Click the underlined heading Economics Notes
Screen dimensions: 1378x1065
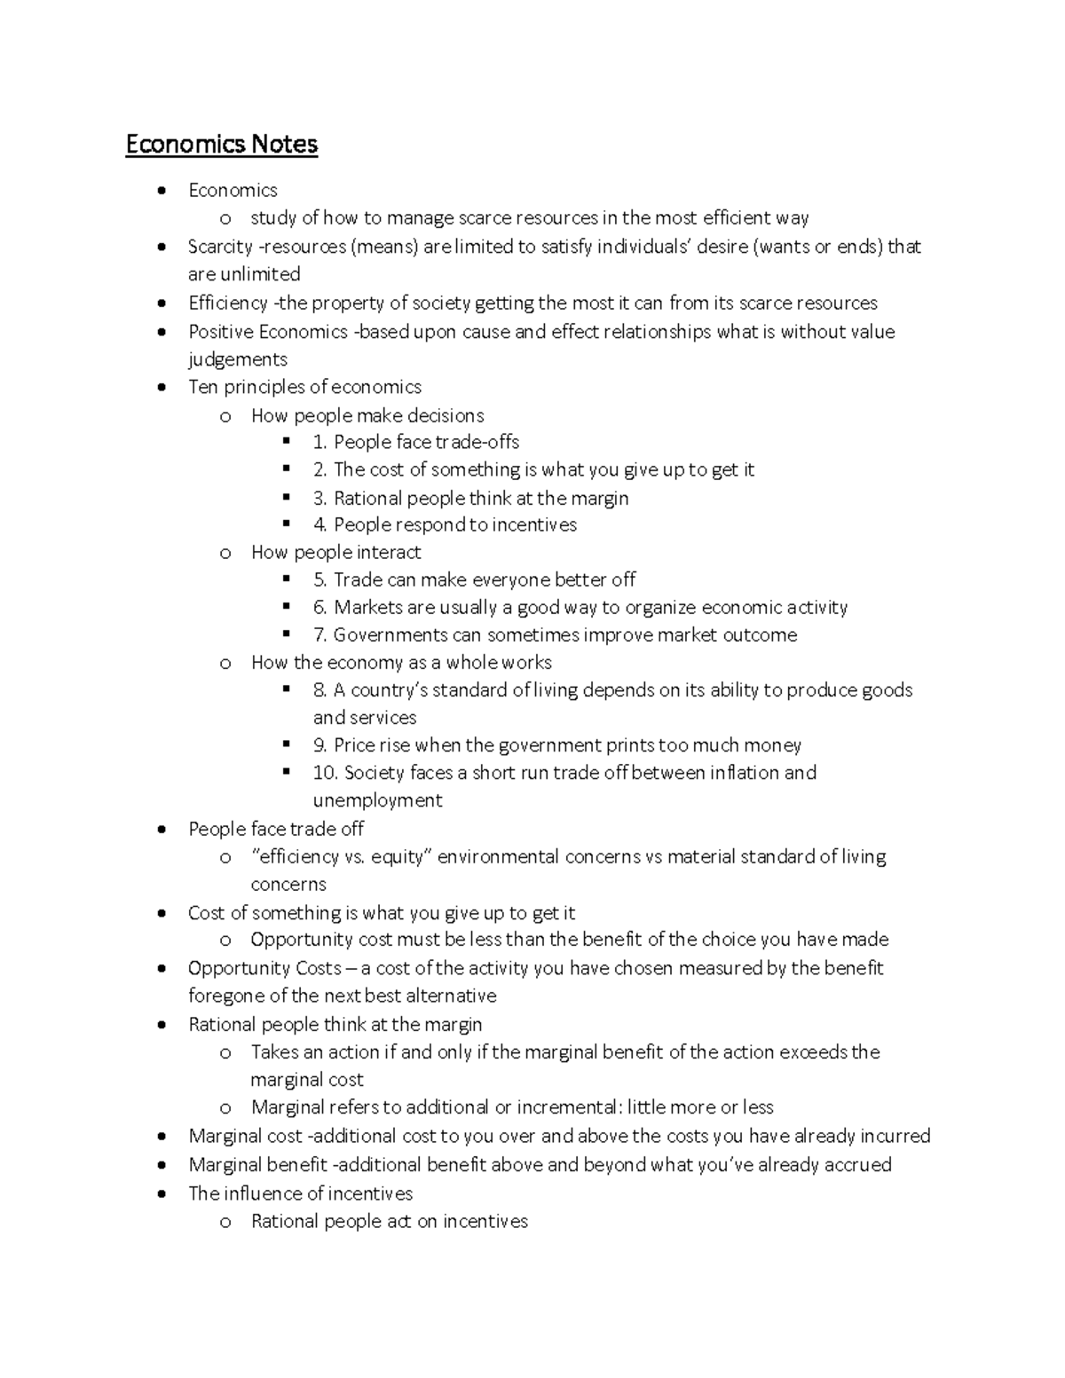(221, 144)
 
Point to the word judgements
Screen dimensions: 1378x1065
(238, 359)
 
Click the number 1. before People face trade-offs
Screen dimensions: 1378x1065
(319, 442)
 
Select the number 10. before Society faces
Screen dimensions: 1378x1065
(325, 773)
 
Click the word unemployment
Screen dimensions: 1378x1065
(377, 800)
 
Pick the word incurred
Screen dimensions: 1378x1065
(893, 1136)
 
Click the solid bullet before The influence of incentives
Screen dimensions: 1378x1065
(161, 1194)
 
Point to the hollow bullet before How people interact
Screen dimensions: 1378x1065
(225, 553)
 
